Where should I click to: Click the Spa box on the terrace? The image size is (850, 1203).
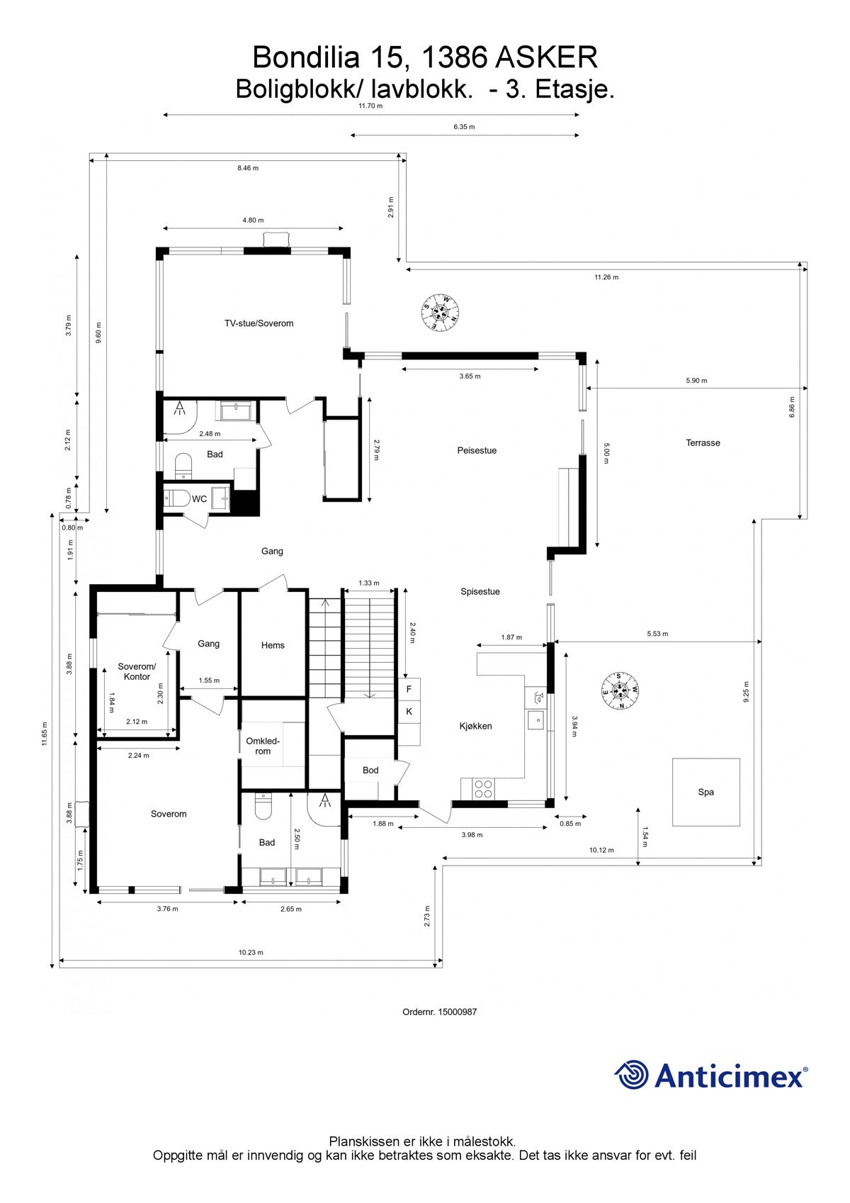coord(705,792)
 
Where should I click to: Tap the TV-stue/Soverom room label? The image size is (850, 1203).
coord(259,323)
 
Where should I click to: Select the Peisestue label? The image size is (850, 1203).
coord(477,450)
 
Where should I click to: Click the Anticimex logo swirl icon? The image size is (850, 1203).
coord(631,1075)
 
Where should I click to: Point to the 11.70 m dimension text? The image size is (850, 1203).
coord(370,106)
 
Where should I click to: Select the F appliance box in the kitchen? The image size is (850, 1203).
coord(409,689)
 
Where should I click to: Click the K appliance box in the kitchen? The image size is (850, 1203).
coord(409,711)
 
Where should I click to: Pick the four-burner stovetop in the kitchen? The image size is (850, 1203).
coord(483,789)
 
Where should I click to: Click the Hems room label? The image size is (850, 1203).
coord(273,645)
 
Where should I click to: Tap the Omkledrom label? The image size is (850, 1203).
coord(263,746)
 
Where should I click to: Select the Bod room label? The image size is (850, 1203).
coord(370,770)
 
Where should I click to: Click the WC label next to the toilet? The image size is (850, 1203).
coord(200,499)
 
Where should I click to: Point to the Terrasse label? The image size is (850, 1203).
coord(703,443)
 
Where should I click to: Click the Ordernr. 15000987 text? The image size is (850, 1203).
coord(439,1012)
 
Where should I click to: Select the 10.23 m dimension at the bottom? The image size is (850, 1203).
coord(251,953)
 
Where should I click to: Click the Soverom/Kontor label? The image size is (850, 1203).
coord(137,671)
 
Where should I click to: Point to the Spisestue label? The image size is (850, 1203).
coord(480,591)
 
